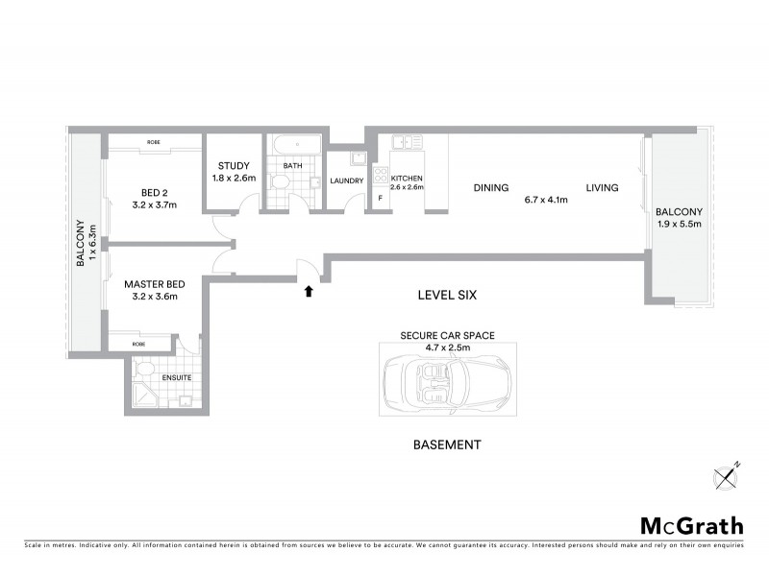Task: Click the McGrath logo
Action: [692, 525]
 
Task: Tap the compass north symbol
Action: [727, 475]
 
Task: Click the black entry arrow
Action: [309, 291]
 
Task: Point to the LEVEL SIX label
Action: [448, 296]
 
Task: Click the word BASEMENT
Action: [446, 444]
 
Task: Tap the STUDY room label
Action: [234, 166]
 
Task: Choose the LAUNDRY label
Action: [346, 180]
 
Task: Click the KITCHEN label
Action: [407, 179]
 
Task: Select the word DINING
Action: [490, 188]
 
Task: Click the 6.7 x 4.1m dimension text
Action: [546, 201]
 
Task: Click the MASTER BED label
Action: [154, 285]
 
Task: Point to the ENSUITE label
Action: [176, 377]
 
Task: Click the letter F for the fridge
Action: [381, 198]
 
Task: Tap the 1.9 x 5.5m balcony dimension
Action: [679, 224]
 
